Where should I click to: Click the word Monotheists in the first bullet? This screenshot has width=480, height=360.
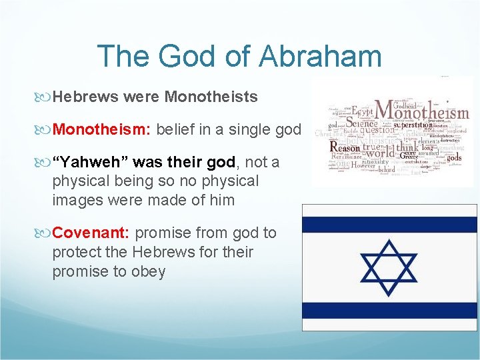pos(211,97)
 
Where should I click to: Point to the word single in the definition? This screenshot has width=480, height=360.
pos(243,129)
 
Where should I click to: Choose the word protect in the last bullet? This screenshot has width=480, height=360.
pos(76,252)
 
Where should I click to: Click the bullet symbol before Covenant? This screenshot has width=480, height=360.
pos(45,233)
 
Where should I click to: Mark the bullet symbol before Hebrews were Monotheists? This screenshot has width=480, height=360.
pos(45,97)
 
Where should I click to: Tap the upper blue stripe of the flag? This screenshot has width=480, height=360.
pos(389,223)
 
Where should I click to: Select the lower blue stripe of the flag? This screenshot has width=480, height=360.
pos(389,311)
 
